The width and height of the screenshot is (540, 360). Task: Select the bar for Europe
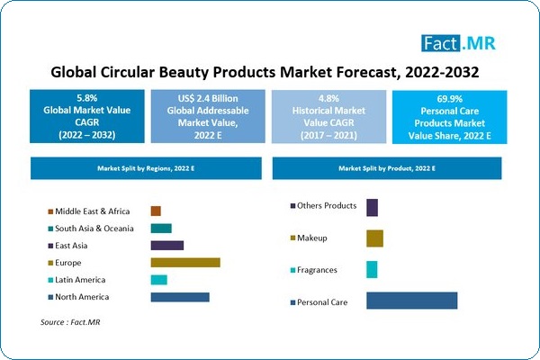pos(185,263)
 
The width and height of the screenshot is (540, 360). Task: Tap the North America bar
pos(180,297)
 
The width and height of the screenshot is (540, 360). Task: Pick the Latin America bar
pos(159,280)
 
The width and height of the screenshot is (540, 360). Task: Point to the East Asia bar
pos(167,246)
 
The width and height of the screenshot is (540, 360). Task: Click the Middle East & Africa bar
pos(156,211)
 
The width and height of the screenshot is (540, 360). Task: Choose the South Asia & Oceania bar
pos(161,229)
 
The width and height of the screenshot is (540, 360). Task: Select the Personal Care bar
pos(411,301)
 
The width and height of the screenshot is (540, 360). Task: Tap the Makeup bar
pos(374,238)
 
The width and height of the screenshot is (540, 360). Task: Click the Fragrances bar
pos(372,270)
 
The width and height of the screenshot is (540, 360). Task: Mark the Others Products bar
pos(372,207)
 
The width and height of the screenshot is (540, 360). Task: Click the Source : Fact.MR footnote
pos(70,321)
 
